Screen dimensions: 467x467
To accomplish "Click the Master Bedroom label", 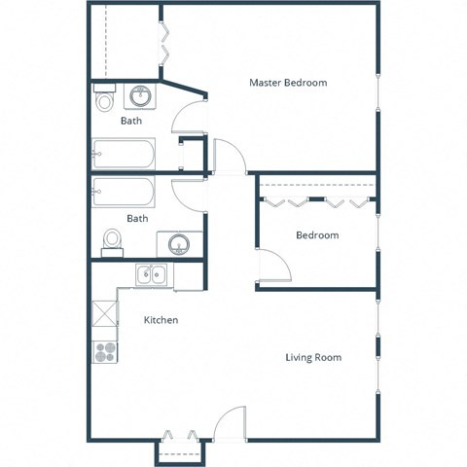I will (x=288, y=83).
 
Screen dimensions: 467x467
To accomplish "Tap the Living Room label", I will (x=313, y=357).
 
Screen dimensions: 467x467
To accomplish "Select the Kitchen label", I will (x=161, y=320).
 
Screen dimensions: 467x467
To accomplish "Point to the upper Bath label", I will (x=131, y=122).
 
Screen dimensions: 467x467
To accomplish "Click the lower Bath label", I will (x=137, y=218).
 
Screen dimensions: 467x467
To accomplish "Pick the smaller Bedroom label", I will (x=317, y=235).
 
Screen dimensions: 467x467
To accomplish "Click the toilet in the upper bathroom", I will (x=104, y=100).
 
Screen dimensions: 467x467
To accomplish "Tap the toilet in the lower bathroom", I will (x=112, y=239).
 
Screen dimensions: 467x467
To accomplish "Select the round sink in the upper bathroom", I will (x=141, y=96).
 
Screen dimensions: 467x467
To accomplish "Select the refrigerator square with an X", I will (x=104, y=313).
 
